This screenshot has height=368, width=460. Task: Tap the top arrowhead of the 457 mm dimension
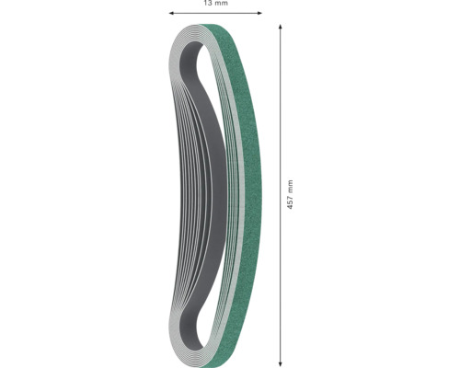click(x=279, y=28)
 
